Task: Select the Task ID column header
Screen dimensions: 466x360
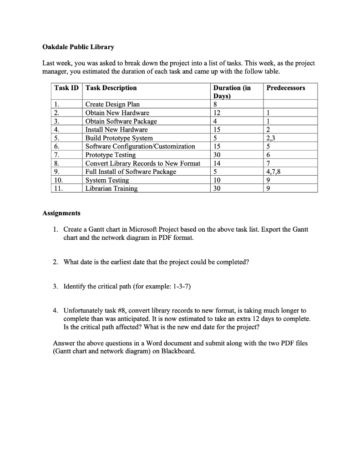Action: click(x=67, y=88)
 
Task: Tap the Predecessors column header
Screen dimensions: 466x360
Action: click(x=286, y=88)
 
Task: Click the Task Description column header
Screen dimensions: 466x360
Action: click(x=111, y=88)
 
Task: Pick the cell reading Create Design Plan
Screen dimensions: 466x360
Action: click(x=112, y=104)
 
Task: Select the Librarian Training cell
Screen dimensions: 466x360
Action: click(x=112, y=188)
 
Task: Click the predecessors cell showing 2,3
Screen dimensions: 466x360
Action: click(x=271, y=138)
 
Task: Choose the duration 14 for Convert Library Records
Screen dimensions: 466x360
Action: click(x=216, y=163)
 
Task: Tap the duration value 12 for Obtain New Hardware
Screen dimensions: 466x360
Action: click(x=216, y=113)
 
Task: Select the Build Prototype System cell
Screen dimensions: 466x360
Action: click(x=119, y=138)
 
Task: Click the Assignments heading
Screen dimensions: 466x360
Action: click(x=61, y=213)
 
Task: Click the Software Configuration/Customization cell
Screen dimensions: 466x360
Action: click(x=140, y=147)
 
